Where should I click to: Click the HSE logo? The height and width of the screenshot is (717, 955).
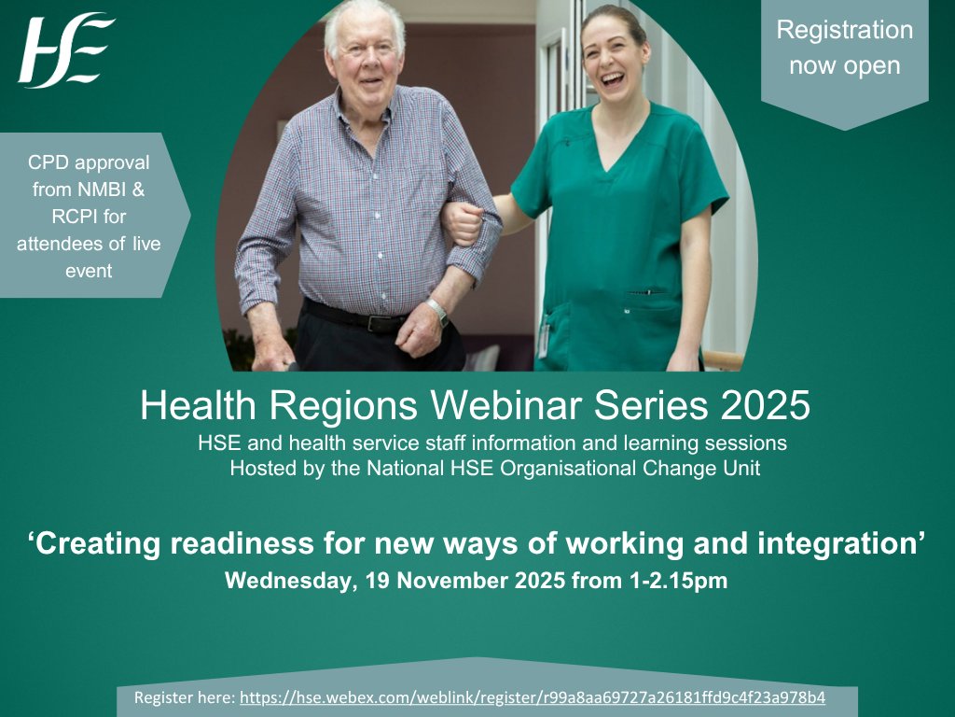click(65, 50)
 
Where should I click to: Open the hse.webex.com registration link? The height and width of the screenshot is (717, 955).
click(533, 698)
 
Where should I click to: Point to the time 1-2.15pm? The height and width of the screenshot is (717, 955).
click(671, 581)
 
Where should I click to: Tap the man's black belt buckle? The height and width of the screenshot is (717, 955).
click(379, 323)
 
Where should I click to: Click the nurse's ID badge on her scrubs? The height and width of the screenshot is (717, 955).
click(543, 336)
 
